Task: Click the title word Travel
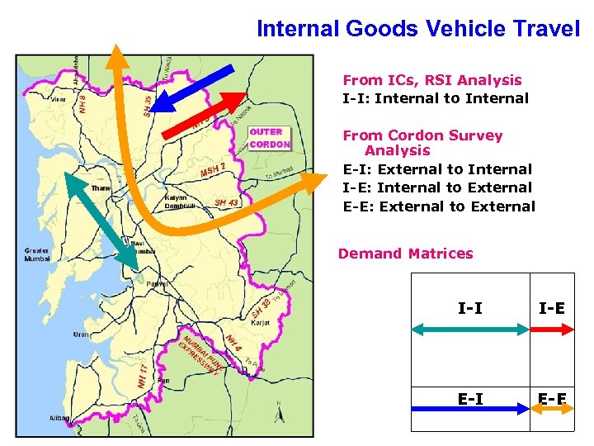tap(544, 29)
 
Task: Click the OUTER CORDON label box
tap(270, 138)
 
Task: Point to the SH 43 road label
tap(225, 203)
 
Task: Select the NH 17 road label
tap(143, 376)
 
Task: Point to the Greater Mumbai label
tap(36, 254)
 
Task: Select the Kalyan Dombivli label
tap(178, 203)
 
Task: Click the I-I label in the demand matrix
tap(469, 308)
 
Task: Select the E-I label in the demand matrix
tap(469, 399)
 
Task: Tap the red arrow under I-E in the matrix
tap(552, 328)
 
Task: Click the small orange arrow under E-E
tap(552, 406)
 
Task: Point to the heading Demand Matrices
tap(405, 254)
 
